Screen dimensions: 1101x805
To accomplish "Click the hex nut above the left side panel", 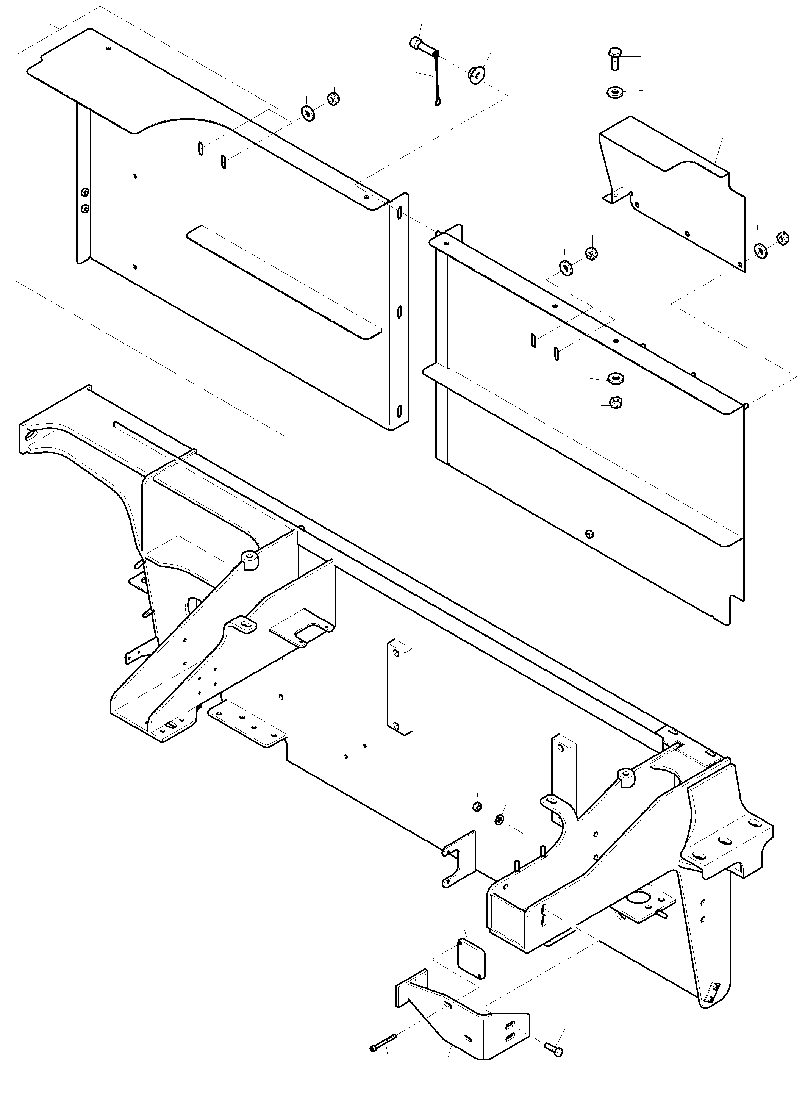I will [x=333, y=99].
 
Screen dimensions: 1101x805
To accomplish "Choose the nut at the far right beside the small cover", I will [x=783, y=239].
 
